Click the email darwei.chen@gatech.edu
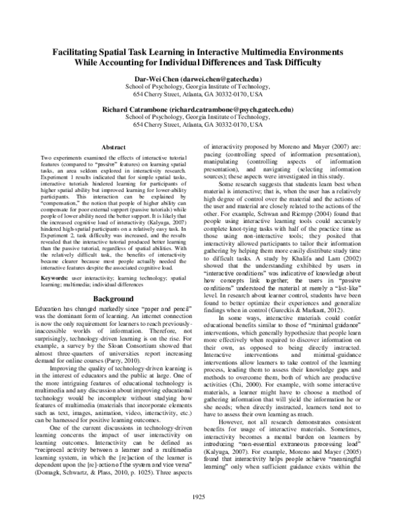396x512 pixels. pyautogui.click(x=224, y=79)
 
